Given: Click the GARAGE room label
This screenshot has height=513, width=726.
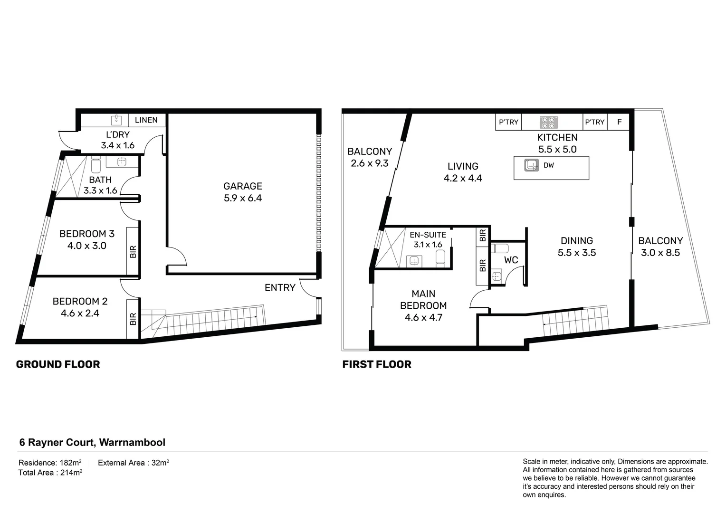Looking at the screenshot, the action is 243,186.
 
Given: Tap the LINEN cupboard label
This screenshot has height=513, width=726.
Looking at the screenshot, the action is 146,120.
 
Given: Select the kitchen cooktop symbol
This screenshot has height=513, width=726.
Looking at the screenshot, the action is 548,123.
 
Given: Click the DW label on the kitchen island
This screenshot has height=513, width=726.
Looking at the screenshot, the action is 549,165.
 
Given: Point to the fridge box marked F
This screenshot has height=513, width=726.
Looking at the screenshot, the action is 619,122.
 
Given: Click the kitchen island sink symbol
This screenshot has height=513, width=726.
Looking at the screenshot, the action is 532,166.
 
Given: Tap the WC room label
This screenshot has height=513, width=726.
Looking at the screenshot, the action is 511,260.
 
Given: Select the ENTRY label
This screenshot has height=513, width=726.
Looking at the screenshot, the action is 280,288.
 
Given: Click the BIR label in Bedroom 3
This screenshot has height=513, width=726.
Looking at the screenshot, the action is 133,251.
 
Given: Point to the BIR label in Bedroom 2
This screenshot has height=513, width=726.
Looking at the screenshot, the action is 133,319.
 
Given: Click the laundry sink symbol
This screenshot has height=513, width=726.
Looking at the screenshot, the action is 116,120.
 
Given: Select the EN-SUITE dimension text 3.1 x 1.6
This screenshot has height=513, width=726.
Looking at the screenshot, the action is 428,245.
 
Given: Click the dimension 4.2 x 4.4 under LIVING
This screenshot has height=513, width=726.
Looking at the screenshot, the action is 463,178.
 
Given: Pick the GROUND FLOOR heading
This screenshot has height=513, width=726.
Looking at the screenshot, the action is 58,364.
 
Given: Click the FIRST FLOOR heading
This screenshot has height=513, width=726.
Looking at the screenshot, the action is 377,364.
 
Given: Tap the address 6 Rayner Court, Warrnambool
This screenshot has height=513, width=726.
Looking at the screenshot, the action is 92,442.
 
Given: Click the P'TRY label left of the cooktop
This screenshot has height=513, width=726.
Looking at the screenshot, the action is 508,122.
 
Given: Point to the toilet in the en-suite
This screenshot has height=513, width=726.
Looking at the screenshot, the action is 440,258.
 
